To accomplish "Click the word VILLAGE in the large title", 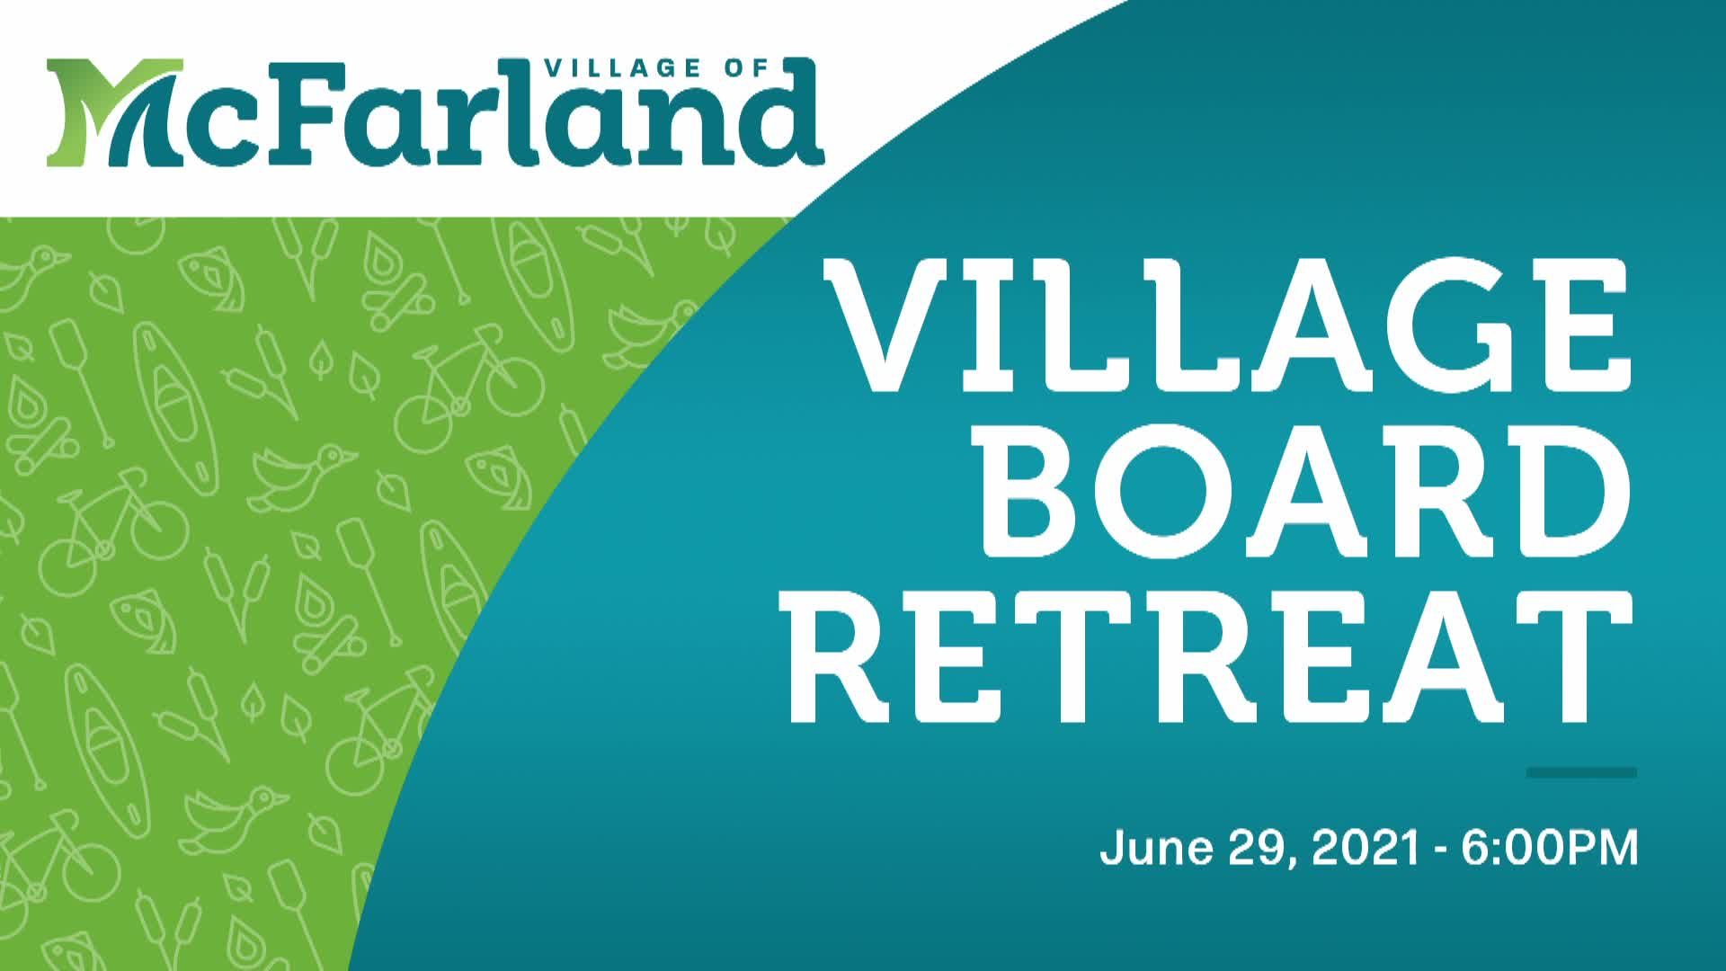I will pos(1227,325).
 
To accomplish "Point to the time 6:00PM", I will pos(1549,848).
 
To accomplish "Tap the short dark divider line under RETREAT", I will pos(1581,772).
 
